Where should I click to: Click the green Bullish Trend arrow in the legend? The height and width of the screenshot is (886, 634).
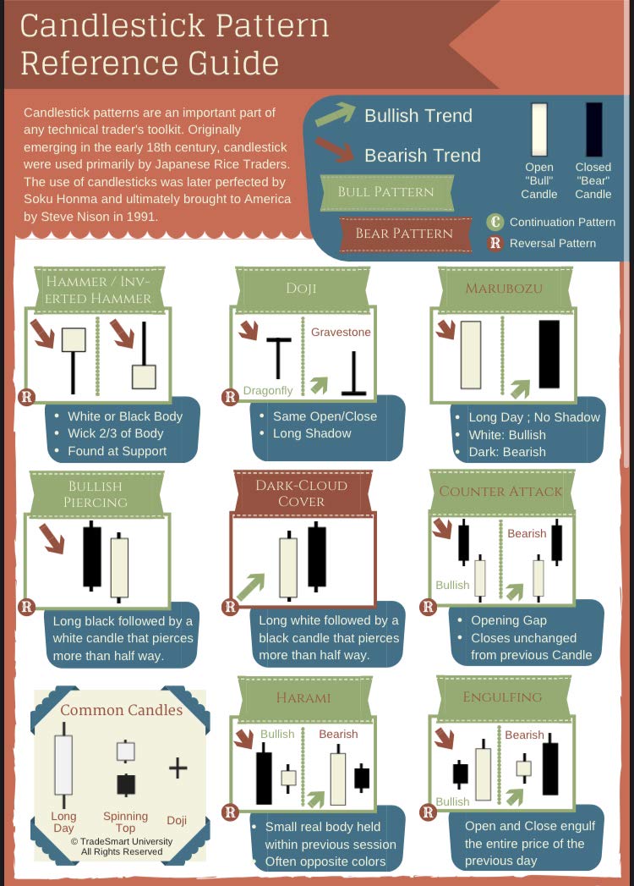pos(336,114)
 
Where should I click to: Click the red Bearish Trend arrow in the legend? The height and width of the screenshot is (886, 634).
pos(334,149)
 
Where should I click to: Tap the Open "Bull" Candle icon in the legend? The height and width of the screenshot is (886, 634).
pos(539,129)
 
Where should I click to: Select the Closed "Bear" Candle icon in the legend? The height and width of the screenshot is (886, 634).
pos(594,129)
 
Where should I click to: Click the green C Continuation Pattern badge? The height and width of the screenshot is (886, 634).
pos(495,222)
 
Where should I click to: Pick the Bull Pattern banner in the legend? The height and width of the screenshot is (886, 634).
pos(386,192)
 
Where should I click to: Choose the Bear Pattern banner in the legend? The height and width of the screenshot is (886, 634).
pos(404,234)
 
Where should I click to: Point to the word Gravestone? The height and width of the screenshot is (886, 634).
pos(341,333)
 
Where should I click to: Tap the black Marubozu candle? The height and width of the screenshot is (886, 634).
pos(549,355)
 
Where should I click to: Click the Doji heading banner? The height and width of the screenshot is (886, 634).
pos(302,289)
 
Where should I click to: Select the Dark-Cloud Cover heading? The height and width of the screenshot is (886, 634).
pos(302,493)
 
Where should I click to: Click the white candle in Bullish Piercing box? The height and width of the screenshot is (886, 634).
pos(119,567)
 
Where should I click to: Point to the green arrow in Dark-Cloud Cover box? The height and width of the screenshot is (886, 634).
pos(251,587)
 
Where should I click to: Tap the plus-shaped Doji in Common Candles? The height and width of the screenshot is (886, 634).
pos(178,768)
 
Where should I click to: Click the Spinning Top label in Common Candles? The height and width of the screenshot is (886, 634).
pos(125,823)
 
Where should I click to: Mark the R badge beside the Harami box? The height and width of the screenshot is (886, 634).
pos(230,812)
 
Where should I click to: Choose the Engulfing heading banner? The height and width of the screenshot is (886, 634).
pos(502,697)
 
